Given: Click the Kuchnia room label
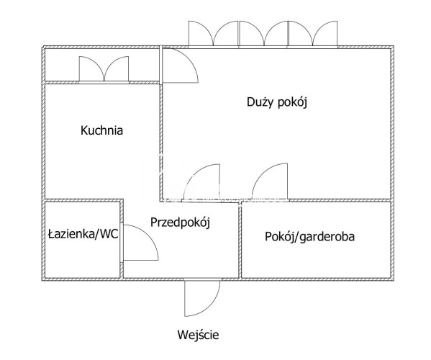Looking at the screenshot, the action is pyautogui.click(x=101, y=130).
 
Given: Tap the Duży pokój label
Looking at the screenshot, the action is pyautogui.click(x=277, y=102).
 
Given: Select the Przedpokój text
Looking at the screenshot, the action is pyautogui.click(x=180, y=222).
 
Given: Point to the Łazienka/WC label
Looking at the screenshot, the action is pyautogui.click(x=83, y=234).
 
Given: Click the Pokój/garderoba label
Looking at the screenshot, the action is pyautogui.click(x=310, y=236).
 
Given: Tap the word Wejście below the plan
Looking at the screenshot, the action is pyautogui.click(x=198, y=335).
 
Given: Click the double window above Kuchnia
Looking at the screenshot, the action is pyautogui.click(x=104, y=69).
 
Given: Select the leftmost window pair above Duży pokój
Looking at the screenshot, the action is pyautogui.click(x=213, y=35).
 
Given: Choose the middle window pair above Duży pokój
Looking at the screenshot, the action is pyautogui.click(x=263, y=35).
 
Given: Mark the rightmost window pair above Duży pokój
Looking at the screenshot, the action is pyautogui.click(x=313, y=35).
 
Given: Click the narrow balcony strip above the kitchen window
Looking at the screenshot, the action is pyautogui.click(x=101, y=66).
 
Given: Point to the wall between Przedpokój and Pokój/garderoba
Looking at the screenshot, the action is pyautogui.click(x=240, y=239).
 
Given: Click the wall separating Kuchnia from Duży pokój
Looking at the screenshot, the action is pyautogui.click(x=161, y=141).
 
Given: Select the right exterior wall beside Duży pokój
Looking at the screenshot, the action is pyautogui.click(x=392, y=124).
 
